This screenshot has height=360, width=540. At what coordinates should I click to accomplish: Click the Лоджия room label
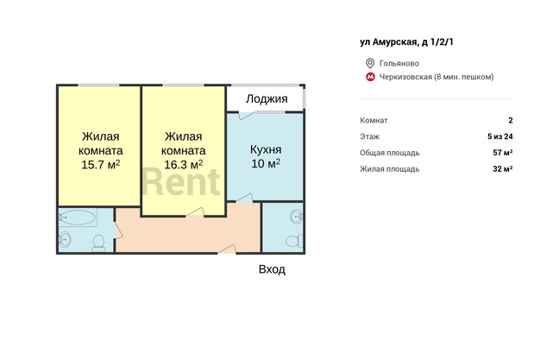(x=267, y=99)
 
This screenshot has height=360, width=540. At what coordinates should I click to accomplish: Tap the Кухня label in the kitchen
(x=266, y=149)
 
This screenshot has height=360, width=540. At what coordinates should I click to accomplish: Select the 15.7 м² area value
(x=101, y=165)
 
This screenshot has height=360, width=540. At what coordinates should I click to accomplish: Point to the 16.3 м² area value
(x=183, y=165)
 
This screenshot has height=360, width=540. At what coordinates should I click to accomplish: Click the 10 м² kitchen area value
(x=266, y=163)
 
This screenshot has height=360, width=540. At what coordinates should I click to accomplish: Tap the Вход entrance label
(x=272, y=269)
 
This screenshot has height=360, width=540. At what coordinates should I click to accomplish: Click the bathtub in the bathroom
(x=77, y=218)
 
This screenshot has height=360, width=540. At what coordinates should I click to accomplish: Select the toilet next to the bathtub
(x=98, y=242)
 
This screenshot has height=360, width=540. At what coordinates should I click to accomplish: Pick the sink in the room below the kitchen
(x=296, y=217)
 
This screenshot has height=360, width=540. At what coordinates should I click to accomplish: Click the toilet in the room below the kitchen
(x=293, y=241)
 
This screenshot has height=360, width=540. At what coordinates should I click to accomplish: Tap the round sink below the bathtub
(x=65, y=238)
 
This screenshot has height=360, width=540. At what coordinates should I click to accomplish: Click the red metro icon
(x=370, y=77)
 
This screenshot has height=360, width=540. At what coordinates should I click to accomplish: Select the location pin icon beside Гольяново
(x=370, y=63)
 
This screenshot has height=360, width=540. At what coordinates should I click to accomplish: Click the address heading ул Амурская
(x=388, y=42)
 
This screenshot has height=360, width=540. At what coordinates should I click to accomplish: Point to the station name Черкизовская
(x=405, y=77)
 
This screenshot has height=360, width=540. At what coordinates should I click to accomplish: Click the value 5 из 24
(x=500, y=136)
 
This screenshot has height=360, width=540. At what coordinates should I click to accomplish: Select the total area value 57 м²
(x=503, y=153)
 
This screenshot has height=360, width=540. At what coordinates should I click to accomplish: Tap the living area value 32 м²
(x=503, y=169)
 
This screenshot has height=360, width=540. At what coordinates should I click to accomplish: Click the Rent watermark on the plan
(x=180, y=182)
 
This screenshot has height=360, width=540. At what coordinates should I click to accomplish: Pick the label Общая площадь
(x=390, y=153)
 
